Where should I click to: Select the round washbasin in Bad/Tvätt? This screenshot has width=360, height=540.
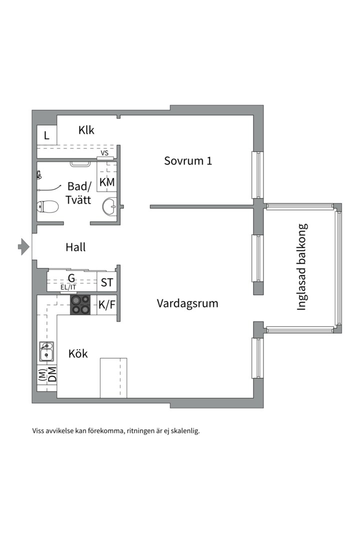109,205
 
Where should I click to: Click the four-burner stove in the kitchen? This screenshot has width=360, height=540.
80,304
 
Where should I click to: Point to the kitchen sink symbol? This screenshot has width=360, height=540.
46,351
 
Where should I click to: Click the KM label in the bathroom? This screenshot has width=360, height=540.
107,182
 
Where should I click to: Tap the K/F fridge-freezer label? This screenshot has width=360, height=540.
107,304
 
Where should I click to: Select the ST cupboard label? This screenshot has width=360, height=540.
107,282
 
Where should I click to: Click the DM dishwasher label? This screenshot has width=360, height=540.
51,375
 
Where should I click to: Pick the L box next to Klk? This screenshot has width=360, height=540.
46,135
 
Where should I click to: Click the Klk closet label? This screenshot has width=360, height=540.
86,130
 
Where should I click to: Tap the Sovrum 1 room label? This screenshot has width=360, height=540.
188,161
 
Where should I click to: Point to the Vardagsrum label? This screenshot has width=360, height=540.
187,303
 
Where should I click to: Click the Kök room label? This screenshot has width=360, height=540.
78,354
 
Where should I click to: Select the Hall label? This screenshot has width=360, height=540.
75,247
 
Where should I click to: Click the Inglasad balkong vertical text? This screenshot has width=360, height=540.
301,267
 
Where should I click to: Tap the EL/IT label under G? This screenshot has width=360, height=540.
68,287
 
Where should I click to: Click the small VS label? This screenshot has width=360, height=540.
105,153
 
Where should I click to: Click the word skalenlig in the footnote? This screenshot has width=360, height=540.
183,430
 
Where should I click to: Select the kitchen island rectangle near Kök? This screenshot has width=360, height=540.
113,377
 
